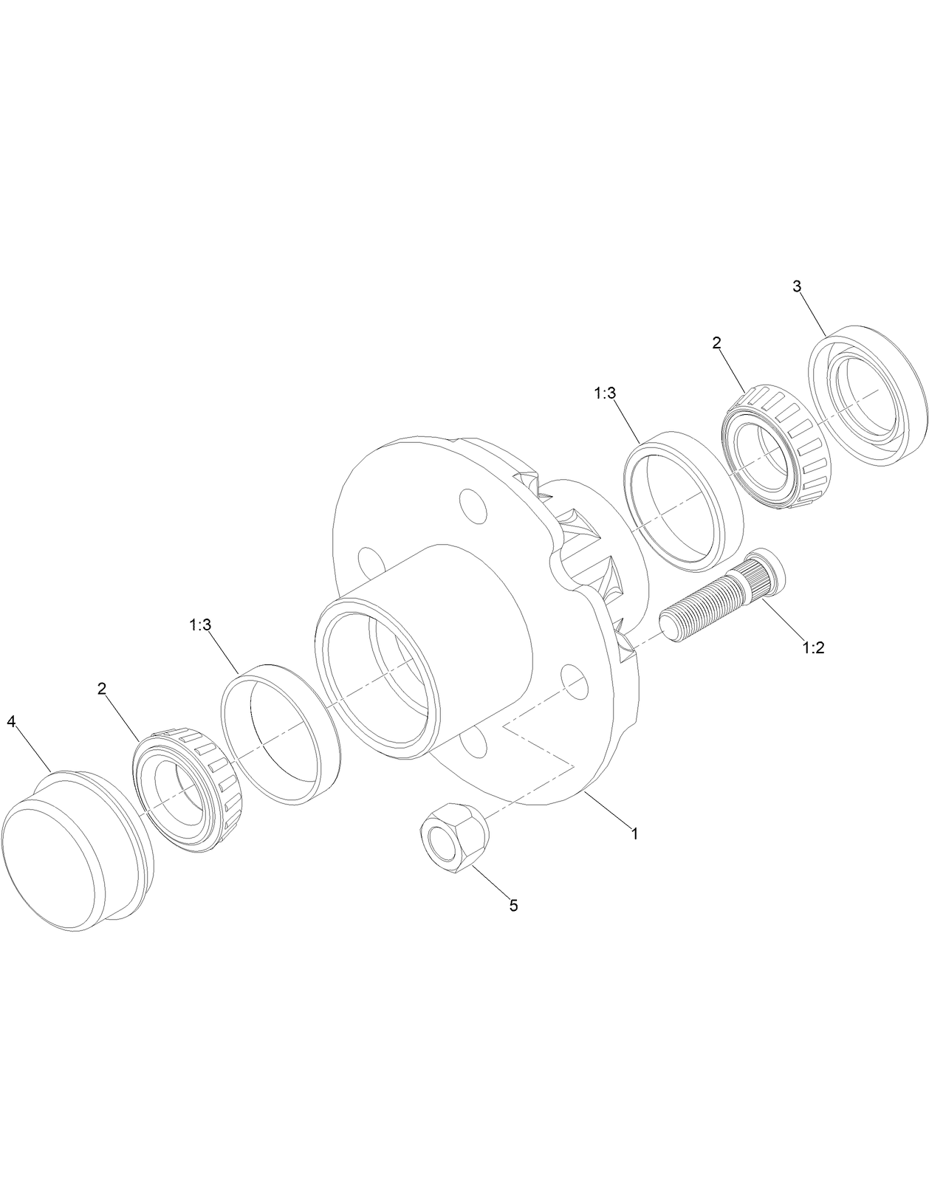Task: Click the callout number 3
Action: pos(797,286)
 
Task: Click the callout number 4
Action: pos(11,721)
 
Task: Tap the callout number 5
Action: pos(513,905)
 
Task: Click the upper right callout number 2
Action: pos(716,343)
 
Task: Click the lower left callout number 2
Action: pos(102,688)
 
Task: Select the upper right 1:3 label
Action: pos(604,393)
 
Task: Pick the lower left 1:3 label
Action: pos(200,625)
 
